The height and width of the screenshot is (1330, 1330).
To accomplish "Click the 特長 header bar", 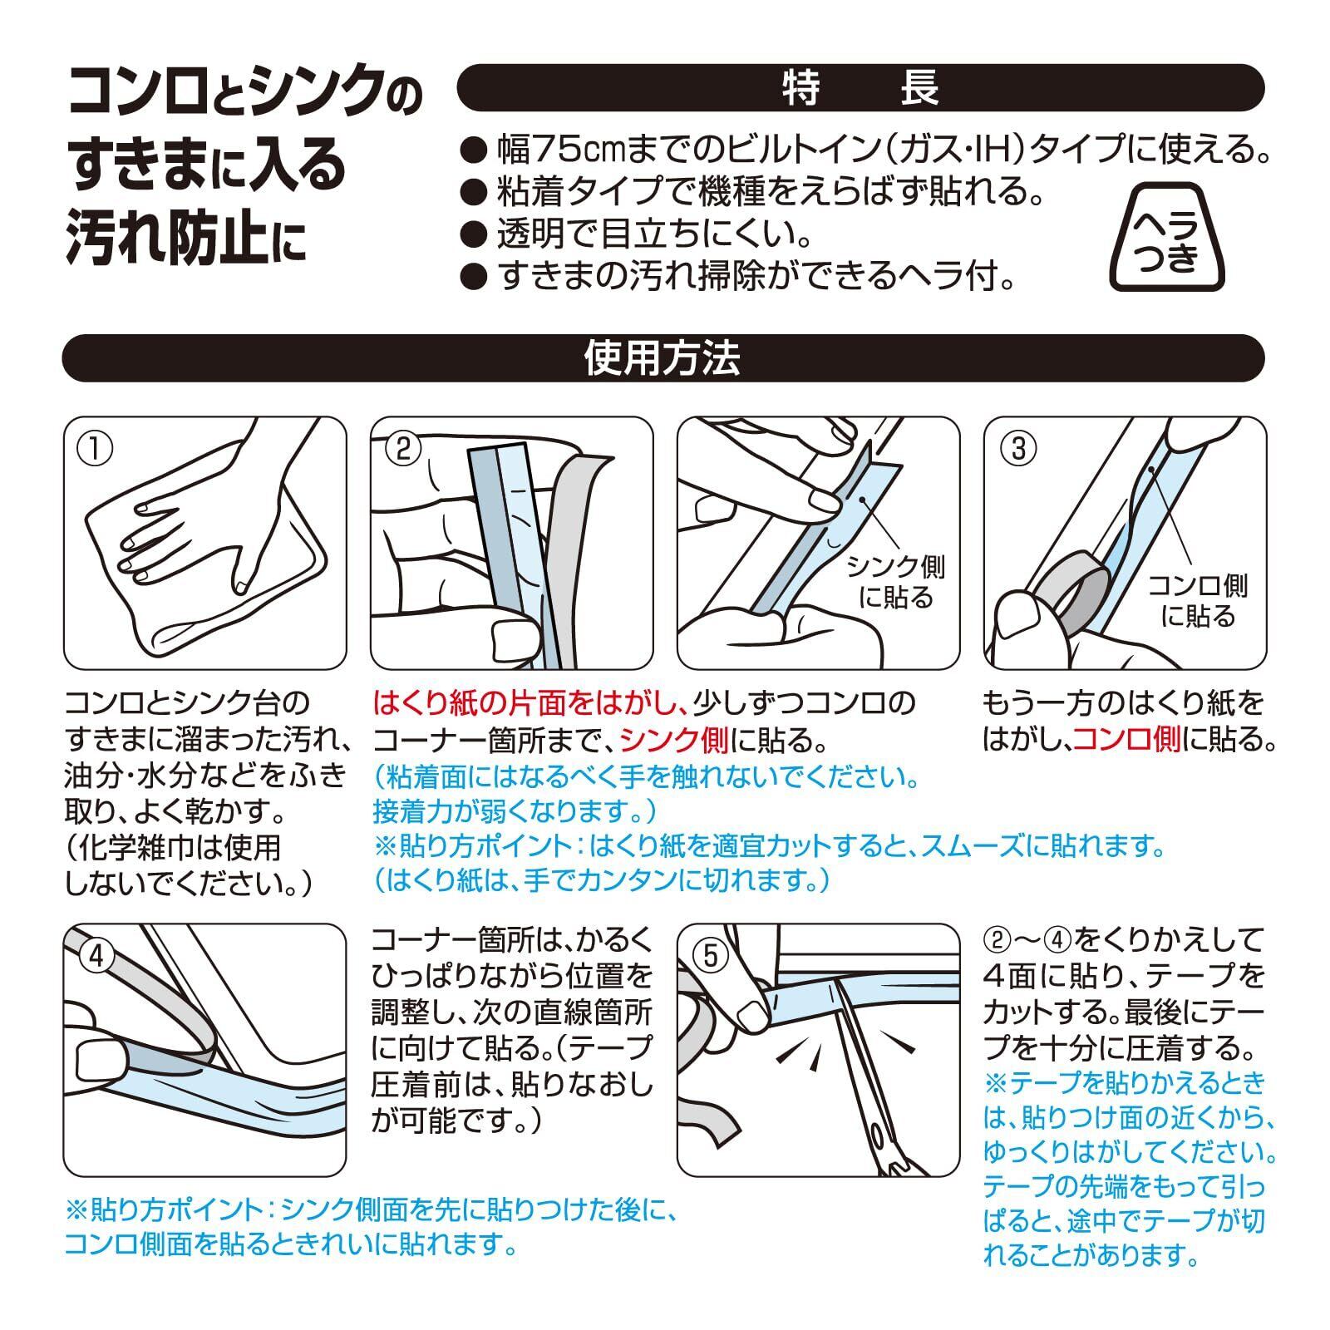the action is coord(860,88).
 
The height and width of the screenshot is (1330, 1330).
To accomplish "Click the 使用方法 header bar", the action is coord(663,358).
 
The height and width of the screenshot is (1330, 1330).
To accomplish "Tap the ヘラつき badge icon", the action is coord(1168,237).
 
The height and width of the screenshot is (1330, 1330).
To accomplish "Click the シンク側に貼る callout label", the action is coord(895,583).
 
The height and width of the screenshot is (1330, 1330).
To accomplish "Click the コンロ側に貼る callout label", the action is coord(1197,601).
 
